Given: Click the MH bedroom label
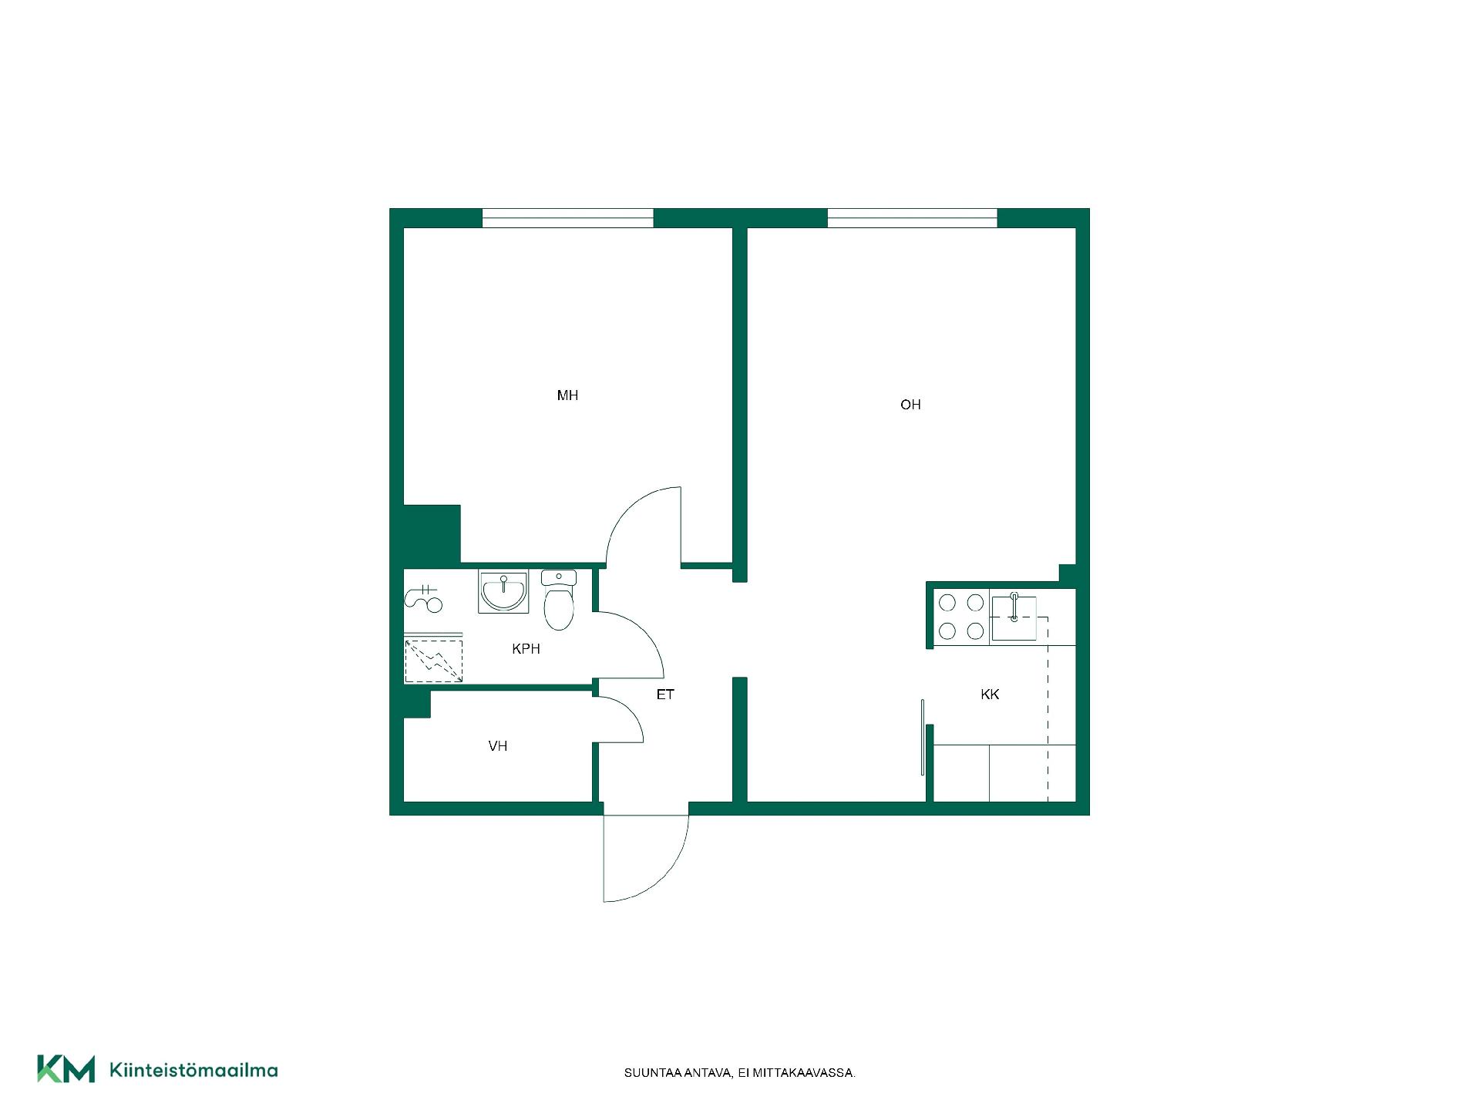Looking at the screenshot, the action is pyautogui.click(x=567, y=395).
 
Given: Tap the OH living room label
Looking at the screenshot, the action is pyautogui.click(x=910, y=405).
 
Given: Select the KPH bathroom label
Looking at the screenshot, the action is pyautogui.click(x=526, y=649).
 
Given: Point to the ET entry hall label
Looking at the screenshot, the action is pyautogui.click(x=665, y=695).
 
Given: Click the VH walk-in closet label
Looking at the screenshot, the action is pyautogui.click(x=498, y=746).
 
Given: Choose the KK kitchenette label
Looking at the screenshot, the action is pyautogui.click(x=990, y=695).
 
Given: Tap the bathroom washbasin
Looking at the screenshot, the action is pyautogui.click(x=503, y=592).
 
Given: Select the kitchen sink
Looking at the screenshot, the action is pyautogui.click(x=1014, y=618).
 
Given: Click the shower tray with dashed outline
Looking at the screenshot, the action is pyautogui.click(x=433, y=661).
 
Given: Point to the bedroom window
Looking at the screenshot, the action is pyautogui.click(x=568, y=218).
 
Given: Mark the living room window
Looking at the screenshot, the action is pyautogui.click(x=913, y=218).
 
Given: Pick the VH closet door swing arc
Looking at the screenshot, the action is pyautogui.click(x=633, y=712).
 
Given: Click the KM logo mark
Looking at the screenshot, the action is pyautogui.click(x=66, y=1069).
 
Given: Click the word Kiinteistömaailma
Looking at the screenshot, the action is pyautogui.click(x=193, y=1070).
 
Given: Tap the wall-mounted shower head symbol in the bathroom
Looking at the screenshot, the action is pyautogui.click(x=423, y=597).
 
